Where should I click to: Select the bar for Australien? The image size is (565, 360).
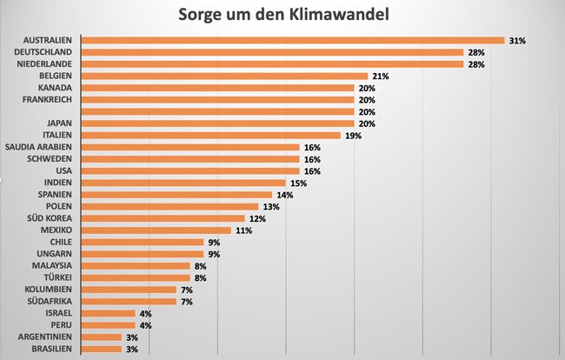click(x=292, y=40)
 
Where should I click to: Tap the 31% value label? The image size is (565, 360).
click(x=517, y=40)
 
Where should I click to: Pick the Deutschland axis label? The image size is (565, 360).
click(x=43, y=52)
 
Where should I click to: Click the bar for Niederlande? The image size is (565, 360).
click(x=271, y=64)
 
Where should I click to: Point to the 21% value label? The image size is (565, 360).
click(x=380, y=77)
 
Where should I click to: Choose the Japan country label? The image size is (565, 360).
click(x=60, y=123)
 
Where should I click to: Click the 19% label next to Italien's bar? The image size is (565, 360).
click(x=352, y=136)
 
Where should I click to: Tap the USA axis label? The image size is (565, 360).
click(x=63, y=171)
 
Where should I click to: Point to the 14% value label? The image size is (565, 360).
click(x=284, y=195)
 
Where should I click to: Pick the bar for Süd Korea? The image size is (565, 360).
click(x=162, y=218)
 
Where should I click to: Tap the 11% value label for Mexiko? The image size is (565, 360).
click(x=243, y=230)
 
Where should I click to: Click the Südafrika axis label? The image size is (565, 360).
click(x=49, y=301)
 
